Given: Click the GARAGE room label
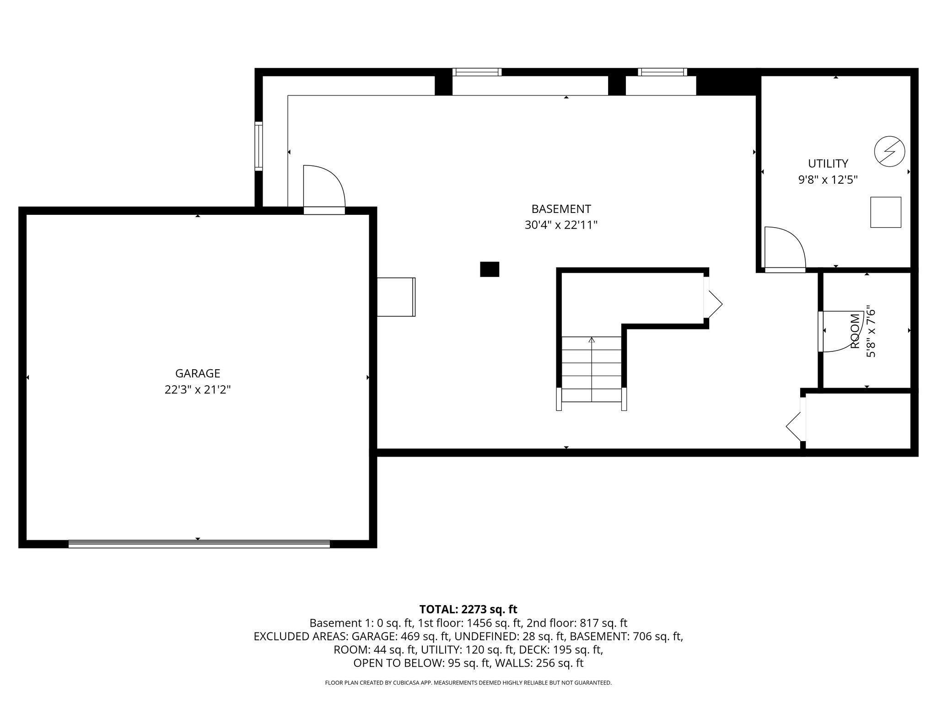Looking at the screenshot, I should point(198,373).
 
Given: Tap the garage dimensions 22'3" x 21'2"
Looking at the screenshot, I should point(198,390).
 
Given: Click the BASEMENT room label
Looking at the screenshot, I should point(561,209).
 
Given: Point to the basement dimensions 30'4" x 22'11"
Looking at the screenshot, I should point(561,225).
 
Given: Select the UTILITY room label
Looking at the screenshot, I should point(828,163).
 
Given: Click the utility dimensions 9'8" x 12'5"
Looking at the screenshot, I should point(828,180).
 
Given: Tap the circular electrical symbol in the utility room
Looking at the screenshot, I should point(889,152).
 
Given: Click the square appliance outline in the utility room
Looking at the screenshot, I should point(885,212).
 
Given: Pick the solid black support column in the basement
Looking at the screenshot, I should point(489,269).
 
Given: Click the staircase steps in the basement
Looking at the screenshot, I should point(591,369).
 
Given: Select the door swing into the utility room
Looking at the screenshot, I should point(784,249).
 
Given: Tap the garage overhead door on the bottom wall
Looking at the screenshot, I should point(199,544).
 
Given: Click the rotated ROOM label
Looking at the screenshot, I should point(855,331).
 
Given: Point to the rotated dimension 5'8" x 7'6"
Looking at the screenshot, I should point(871,331).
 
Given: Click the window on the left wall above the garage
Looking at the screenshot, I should point(258,146).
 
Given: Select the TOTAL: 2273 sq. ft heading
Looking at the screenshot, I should point(468,609).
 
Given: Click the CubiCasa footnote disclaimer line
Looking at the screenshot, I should point(468,683).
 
